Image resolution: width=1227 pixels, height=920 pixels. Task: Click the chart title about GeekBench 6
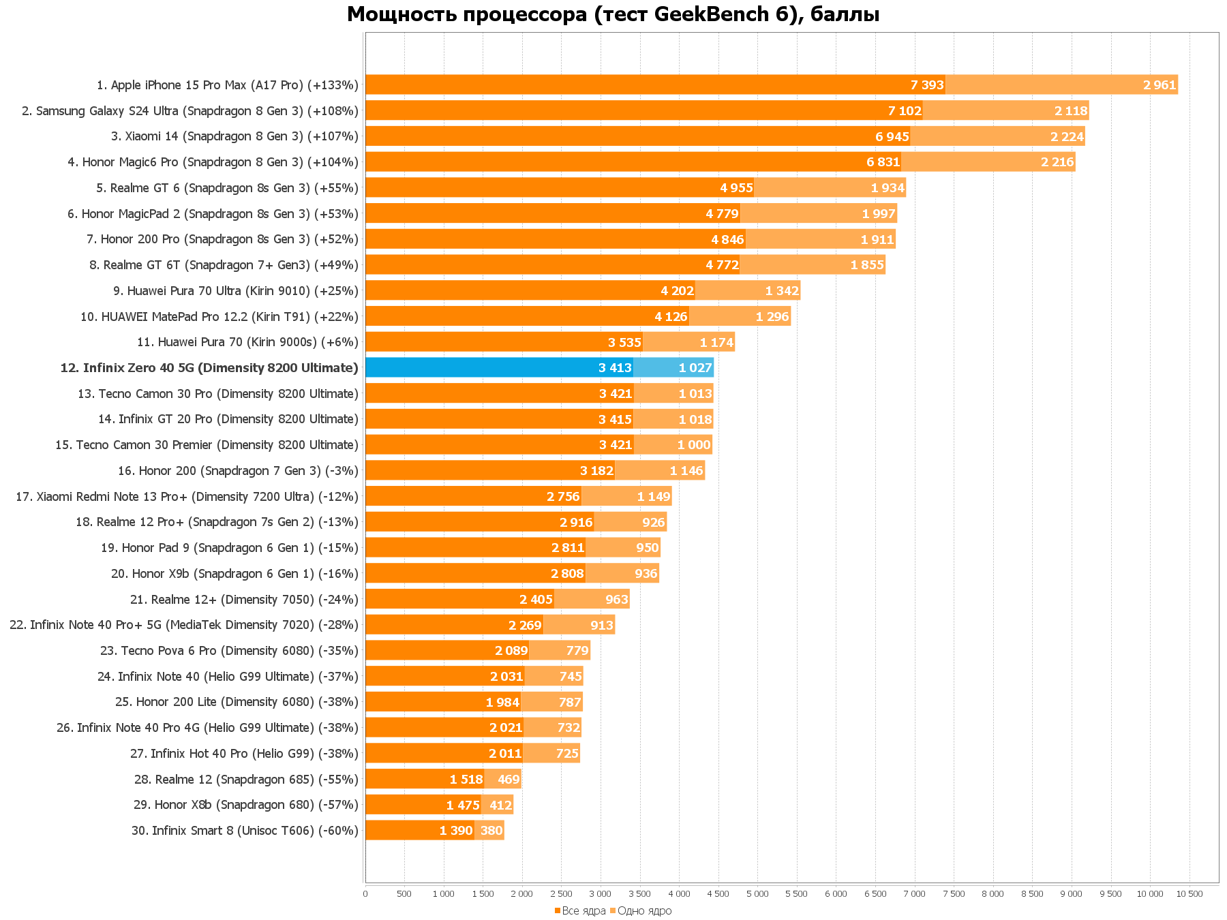[x=613, y=14]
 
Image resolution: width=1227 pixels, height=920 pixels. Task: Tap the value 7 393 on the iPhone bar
[x=927, y=85]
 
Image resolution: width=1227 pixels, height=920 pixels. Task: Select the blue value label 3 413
[x=615, y=368]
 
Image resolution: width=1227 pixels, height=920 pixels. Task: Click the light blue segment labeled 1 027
[x=673, y=368]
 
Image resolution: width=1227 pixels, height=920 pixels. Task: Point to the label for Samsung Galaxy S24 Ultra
[x=190, y=111]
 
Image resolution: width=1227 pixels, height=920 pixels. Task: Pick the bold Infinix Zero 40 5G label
[x=209, y=368]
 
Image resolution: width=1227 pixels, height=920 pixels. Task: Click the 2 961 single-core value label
[x=1160, y=85]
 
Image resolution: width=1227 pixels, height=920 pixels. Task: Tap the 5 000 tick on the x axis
[x=757, y=894]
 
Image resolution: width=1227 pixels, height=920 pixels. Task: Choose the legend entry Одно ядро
[x=640, y=911]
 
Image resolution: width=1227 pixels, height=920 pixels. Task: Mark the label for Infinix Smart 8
[x=245, y=831]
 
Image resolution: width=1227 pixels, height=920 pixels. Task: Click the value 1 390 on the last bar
[x=456, y=831]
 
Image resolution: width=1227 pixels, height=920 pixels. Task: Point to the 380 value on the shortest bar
[x=491, y=831]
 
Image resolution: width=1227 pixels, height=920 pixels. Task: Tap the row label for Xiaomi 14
[x=234, y=136]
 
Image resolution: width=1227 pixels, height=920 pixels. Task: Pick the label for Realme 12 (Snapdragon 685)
[x=246, y=780]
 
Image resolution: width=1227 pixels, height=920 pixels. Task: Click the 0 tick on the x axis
[x=365, y=894]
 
